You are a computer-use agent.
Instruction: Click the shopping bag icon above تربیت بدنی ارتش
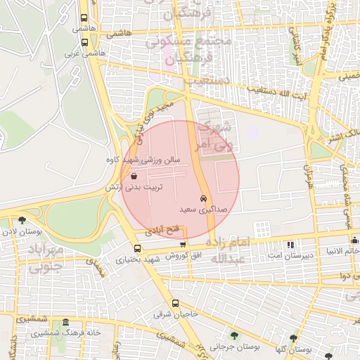tap(134, 176)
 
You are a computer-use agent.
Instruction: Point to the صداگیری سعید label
tap(204, 210)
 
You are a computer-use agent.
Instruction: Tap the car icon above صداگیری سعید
tap(204, 198)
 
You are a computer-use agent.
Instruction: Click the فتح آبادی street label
tap(162, 229)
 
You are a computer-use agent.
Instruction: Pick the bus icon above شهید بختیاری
tap(137, 248)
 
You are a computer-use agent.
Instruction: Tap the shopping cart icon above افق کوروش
tap(184, 244)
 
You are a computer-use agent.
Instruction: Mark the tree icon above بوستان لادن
tap(22, 220)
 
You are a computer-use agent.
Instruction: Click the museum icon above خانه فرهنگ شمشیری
tap(65, 321)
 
